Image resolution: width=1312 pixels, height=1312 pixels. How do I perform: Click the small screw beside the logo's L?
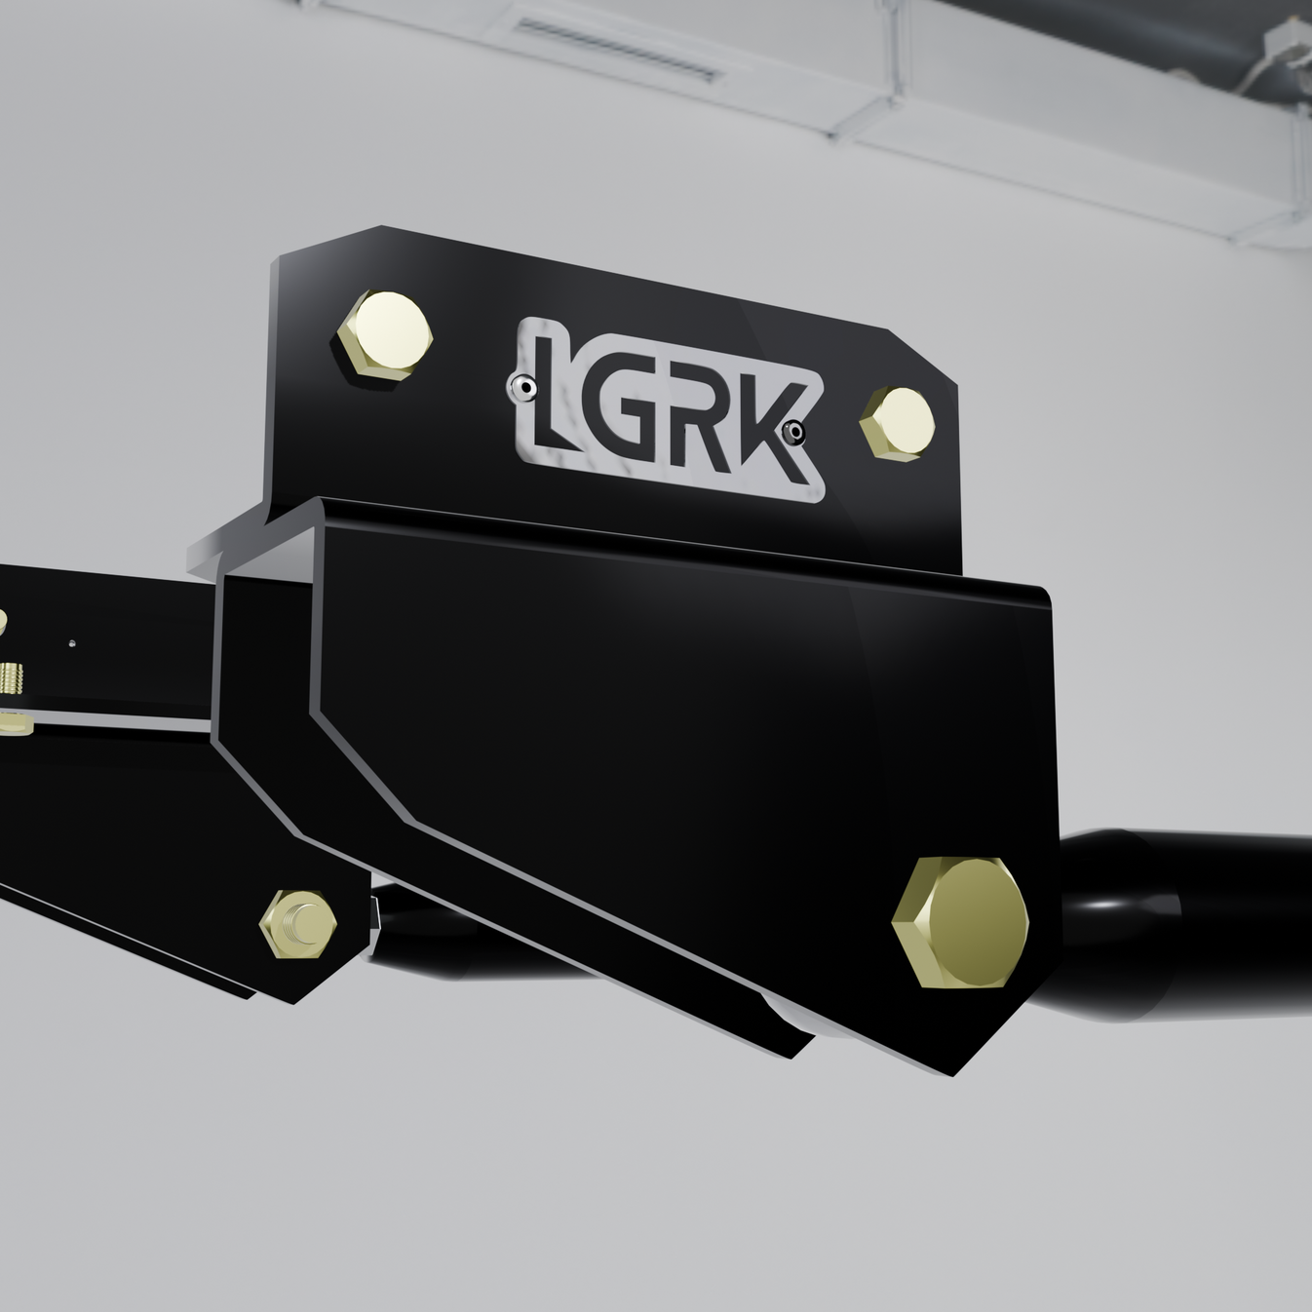(x=525, y=388)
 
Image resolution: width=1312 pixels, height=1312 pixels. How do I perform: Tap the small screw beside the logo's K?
(x=795, y=430)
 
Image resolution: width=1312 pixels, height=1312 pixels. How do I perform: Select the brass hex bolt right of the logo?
(x=898, y=422)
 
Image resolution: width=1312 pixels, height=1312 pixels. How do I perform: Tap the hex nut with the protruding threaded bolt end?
(x=299, y=924)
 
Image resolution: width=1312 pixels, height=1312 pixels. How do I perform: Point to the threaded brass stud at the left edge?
(x=12, y=675)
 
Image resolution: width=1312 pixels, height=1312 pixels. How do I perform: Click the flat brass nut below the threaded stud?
(x=14, y=722)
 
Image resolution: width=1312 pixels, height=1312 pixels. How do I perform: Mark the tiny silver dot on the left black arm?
(x=71, y=642)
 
